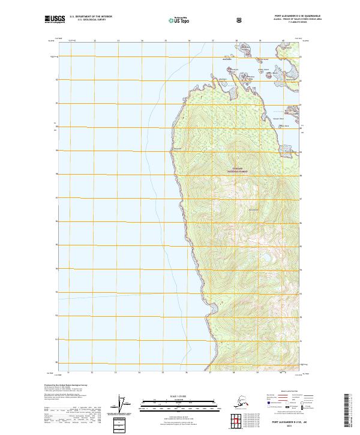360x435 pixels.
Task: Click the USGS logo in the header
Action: (56, 19)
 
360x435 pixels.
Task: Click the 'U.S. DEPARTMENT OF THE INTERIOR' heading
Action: (91, 17)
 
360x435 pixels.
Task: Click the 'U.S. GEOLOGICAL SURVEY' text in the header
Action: (91, 20)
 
